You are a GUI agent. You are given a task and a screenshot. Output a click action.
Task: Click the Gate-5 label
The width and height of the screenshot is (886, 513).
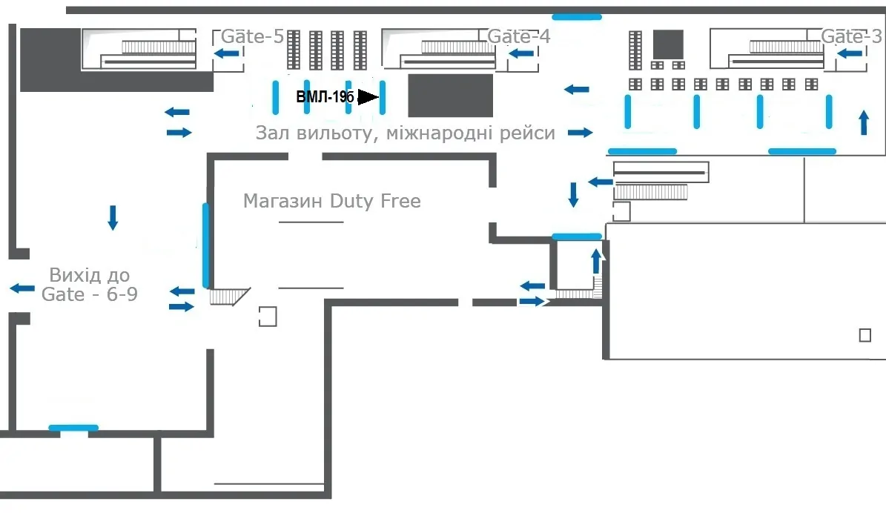[252, 36]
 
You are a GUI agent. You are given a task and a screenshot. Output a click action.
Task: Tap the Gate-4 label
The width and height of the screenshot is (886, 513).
[518, 36]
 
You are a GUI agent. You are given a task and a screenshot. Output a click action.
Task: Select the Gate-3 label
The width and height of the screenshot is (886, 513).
[851, 36]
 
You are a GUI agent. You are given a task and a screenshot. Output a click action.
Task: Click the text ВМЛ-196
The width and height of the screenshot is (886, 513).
[325, 96]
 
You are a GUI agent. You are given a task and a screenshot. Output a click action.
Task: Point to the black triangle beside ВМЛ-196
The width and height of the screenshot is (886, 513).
[368, 96]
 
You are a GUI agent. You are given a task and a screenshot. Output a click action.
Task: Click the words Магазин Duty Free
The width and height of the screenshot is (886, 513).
[331, 201]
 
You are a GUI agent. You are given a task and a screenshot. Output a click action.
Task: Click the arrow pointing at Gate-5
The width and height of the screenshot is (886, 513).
[227, 53]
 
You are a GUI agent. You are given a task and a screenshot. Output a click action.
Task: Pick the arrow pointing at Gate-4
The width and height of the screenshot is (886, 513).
[521, 53]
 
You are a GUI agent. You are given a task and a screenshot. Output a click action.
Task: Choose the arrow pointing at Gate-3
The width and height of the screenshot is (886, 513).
[850, 53]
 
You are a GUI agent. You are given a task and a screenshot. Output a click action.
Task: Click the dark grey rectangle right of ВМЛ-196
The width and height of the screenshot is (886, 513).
[450, 96]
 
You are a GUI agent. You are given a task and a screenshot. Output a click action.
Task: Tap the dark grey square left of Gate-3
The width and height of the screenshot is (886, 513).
[668, 44]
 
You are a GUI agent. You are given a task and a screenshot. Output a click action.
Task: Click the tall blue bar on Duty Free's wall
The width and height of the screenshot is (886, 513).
[205, 246]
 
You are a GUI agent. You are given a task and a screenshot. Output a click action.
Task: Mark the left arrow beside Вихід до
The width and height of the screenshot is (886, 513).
[22, 288]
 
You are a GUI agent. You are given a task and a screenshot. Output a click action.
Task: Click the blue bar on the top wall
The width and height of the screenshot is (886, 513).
[576, 17]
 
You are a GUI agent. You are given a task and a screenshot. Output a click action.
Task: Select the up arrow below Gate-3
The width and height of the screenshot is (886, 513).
[864, 122]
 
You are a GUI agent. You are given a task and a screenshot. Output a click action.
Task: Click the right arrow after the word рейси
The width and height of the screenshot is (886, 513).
[581, 133]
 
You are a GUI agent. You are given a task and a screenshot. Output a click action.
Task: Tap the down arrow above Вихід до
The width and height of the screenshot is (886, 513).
[113, 217]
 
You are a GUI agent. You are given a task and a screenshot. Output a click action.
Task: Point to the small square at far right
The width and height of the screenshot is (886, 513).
[865, 335]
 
